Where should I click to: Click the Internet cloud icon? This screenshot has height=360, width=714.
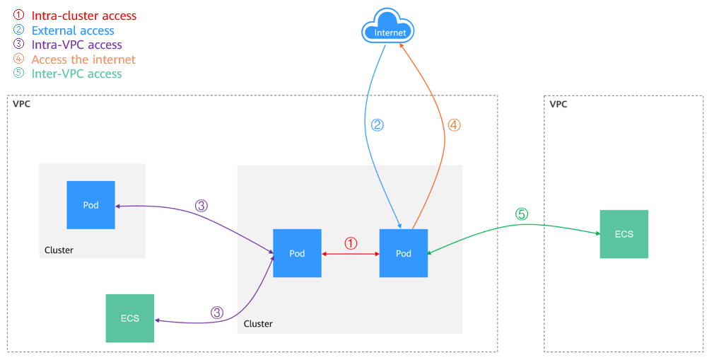click(x=387, y=30)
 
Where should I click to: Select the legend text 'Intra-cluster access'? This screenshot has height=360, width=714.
click(x=84, y=16)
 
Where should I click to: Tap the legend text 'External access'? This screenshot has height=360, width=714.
click(x=73, y=30)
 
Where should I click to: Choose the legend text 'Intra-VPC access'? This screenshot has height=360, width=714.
click(x=77, y=45)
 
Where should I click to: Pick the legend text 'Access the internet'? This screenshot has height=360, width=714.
click(x=83, y=59)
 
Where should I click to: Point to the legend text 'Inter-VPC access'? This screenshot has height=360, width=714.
click(x=76, y=74)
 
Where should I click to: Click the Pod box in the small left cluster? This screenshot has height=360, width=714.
click(x=90, y=205)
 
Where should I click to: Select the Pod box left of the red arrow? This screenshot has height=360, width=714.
click(x=297, y=253)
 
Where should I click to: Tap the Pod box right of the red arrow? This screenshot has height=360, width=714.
click(x=403, y=253)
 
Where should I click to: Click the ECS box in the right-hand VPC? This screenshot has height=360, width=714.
click(x=624, y=234)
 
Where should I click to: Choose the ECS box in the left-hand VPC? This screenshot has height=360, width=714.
click(x=129, y=318)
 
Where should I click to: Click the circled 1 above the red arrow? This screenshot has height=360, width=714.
click(x=351, y=243)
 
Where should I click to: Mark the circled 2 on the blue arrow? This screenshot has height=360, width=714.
click(x=378, y=125)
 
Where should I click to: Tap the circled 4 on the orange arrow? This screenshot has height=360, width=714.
click(x=454, y=125)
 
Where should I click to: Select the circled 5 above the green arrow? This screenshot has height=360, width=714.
click(x=521, y=214)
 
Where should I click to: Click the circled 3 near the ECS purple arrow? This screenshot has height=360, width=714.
click(x=217, y=312)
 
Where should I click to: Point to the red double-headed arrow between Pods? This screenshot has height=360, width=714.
click(x=351, y=253)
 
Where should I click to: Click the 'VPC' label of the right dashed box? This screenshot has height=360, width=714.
click(x=558, y=104)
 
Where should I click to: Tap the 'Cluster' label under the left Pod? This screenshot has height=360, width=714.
click(x=59, y=250)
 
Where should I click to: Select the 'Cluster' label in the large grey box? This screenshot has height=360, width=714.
click(x=258, y=323)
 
